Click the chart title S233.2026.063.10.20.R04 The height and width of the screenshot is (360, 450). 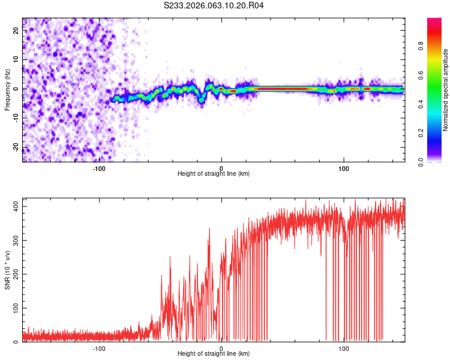pos(214,5)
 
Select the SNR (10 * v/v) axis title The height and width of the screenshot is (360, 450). pos(7,269)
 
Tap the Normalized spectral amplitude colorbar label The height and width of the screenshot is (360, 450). pos(445,90)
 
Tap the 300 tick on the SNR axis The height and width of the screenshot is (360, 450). pos(14,240)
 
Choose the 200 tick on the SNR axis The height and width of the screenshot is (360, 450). pos(14,274)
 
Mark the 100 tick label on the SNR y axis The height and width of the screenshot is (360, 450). pos(14,308)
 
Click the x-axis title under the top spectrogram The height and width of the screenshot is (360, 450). pos(214,174)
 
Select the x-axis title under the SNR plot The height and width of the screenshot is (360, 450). pos(214,354)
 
